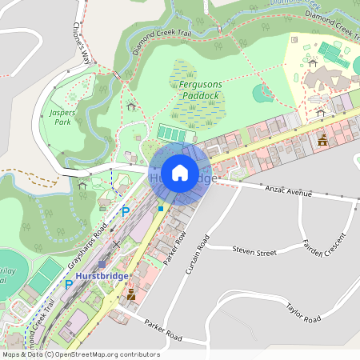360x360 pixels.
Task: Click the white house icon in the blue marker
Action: point(180,173)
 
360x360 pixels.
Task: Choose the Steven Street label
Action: point(254,252)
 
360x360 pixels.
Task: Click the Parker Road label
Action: point(163,330)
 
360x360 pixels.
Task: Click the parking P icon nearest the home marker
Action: point(125,211)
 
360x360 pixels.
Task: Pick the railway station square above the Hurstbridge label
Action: point(102,263)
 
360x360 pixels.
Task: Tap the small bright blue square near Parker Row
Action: point(161,209)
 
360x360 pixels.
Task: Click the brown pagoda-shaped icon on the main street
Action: point(322,139)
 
